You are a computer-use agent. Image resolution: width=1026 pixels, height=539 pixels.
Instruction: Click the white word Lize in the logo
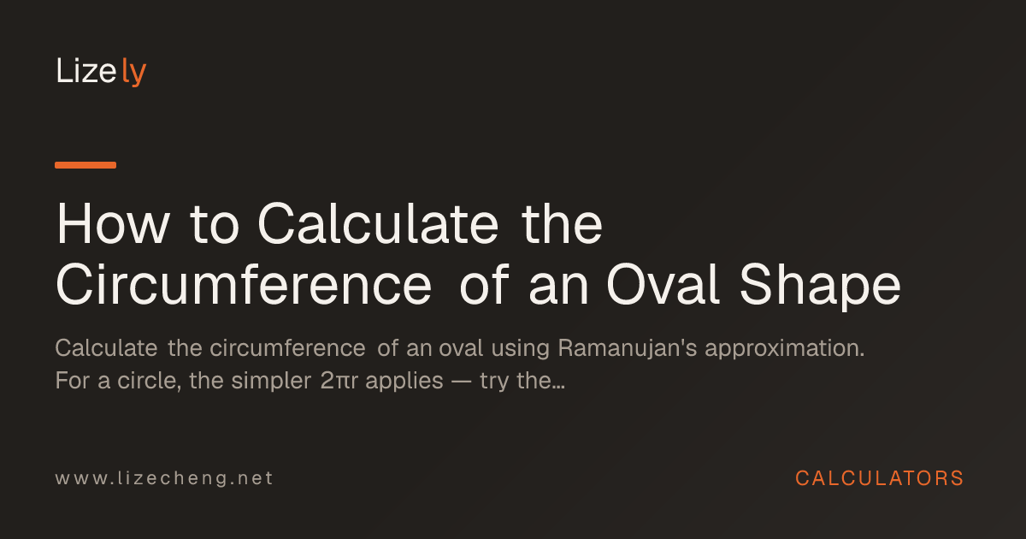point(86,70)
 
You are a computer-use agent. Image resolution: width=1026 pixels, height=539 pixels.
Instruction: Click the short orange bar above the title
point(85,165)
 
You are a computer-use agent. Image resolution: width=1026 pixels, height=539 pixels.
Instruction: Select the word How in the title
point(113,224)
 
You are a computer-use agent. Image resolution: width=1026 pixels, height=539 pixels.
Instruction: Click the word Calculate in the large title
point(378,223)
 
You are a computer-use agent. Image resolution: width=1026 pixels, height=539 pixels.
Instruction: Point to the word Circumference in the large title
point(244,284)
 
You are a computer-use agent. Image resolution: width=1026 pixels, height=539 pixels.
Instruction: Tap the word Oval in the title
point(663,284)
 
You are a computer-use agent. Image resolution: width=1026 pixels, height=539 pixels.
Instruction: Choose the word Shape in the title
point(820,287)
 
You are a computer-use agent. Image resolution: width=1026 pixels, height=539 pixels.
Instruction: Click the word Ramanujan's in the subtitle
point(628,349)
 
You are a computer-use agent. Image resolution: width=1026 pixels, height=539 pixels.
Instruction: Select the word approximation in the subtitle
point(785,349)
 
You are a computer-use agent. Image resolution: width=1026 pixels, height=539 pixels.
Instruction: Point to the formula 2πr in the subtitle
point(339,381)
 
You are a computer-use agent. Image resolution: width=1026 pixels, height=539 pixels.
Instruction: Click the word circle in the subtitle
point(150,381)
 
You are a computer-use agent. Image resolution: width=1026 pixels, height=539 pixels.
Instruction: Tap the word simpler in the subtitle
point(271,382)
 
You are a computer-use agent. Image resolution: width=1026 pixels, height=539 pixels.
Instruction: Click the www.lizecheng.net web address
point(164,478)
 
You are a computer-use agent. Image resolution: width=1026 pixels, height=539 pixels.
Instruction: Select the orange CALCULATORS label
point(880,478)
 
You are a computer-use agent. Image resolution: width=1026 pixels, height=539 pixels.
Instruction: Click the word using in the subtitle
point(521,349)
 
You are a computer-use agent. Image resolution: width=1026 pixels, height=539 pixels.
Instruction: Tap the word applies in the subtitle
point(404,382)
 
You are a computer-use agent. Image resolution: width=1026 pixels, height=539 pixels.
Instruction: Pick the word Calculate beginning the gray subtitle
point(106,348)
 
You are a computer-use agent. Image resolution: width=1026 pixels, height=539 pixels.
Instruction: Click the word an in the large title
point(558,290)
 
